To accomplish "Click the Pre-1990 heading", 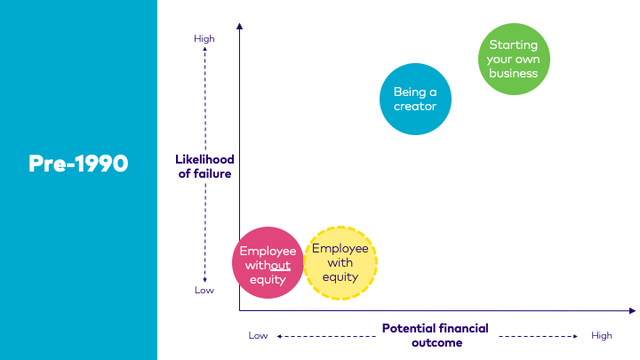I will click(78, 164).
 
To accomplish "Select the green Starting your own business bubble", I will click(515, 59).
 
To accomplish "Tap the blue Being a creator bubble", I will click(415, 99).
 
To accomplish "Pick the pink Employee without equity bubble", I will click(268, 265).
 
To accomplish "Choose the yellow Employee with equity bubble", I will click(340, 262).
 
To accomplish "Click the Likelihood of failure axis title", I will click(204, 166).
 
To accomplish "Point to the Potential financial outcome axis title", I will click(435, 335).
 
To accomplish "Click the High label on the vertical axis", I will click(204, 38).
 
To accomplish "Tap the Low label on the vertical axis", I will click(204, 290).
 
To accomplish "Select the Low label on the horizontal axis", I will click(258, 335).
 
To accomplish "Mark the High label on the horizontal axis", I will click(602, 335).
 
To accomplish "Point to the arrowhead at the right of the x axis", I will click(631, 310).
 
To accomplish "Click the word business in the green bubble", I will click(514, 73).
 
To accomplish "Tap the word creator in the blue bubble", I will click(415, 106).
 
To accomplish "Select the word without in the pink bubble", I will click(268, 265).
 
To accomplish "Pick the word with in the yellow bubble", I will click(340, 262).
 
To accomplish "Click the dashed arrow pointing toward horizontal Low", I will click(324, 336).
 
